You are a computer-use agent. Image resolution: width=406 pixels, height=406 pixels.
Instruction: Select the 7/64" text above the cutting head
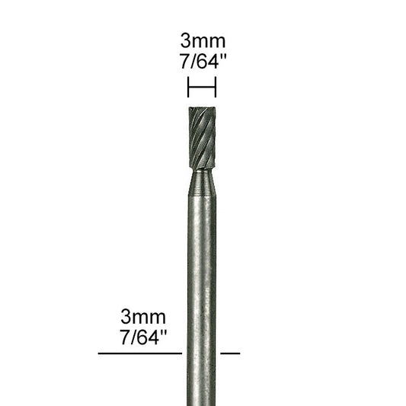(x=202, y=64)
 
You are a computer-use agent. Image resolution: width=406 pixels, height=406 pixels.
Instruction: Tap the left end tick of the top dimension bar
(x=187, y=88)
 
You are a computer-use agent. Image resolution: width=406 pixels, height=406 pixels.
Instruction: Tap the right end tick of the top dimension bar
(x=216, y=88)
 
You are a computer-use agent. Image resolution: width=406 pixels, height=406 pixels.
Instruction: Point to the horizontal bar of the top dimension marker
(x=202, y=88)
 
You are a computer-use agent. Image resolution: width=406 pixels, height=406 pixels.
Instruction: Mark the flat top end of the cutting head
(x=202, y=108)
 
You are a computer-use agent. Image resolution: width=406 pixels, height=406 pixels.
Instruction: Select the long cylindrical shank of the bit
(x=202, y=289)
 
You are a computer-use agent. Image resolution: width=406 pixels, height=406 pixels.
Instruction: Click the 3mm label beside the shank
(x=143, y=315)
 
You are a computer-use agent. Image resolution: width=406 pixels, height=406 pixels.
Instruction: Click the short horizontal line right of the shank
(x=230, y=353)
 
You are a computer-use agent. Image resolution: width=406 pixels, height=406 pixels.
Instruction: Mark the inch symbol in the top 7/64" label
(x=225, y=61)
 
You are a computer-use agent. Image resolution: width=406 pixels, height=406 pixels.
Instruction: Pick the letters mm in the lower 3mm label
(x=152, y=315)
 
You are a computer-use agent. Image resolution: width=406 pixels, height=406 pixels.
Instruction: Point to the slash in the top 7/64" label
(x=194, y=64)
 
